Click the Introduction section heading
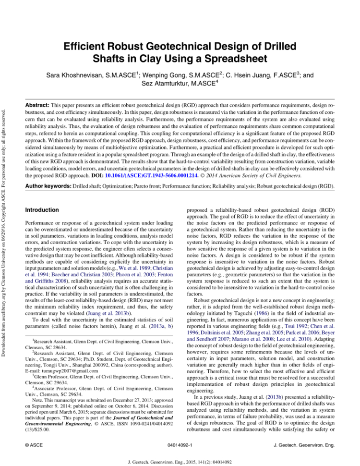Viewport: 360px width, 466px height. point(43,210)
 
